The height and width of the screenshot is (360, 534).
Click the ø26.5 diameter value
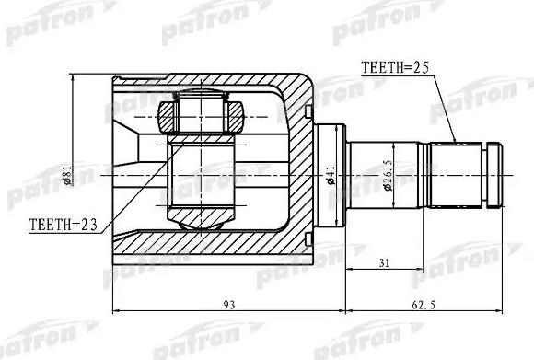(389, 171)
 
